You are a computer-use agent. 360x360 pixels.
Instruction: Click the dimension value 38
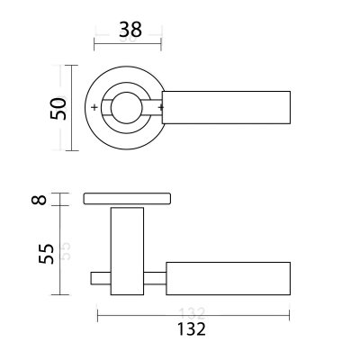(129, 29)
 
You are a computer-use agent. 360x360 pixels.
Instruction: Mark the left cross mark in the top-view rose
(96, 109)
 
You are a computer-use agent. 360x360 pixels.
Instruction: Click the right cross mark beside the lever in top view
(161, 109)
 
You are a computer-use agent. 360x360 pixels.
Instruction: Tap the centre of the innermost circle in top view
(129, 109)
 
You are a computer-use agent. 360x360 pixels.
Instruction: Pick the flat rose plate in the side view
(129, 198)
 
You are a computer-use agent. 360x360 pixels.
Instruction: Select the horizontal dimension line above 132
(193, 314)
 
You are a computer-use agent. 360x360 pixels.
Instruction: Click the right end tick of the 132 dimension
(290, 314)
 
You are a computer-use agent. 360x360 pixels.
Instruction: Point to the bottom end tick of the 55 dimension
(60, 294)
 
